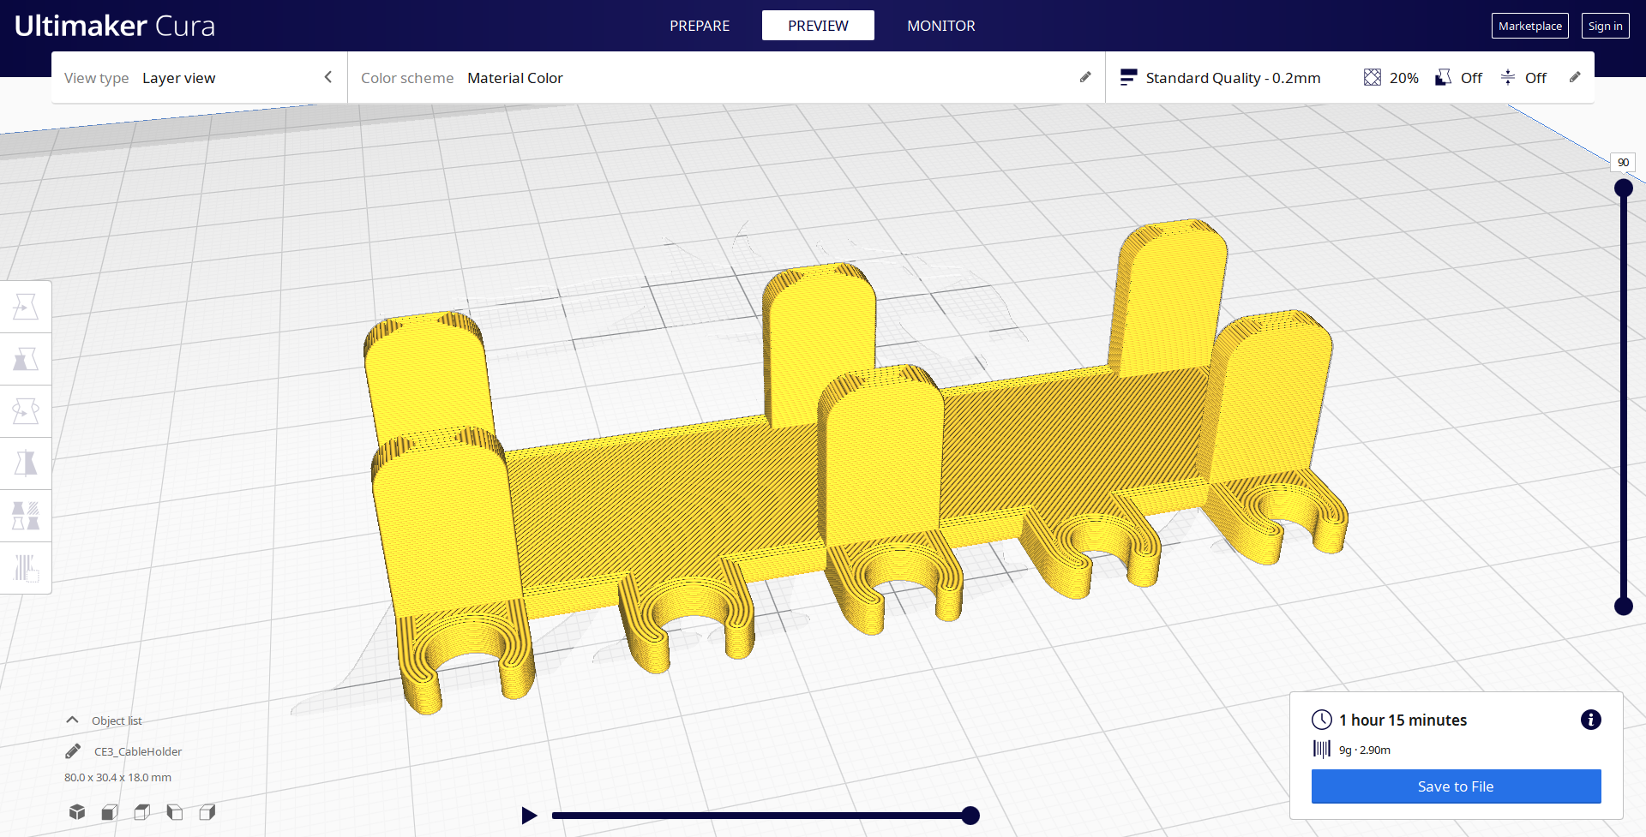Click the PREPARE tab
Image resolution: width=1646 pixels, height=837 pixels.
(700, 26)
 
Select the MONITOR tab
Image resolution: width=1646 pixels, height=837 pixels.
(940, 26)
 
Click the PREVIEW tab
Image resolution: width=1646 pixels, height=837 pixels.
(818, 26)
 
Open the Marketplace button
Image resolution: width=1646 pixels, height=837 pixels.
(1529, 26)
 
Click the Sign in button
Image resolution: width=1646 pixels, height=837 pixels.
(1605, 26)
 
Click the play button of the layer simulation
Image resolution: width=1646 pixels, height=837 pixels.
(529, 816)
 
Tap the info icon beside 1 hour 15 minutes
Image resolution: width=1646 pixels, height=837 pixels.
(1590, 720)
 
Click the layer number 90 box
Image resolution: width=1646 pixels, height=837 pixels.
(1622, 162)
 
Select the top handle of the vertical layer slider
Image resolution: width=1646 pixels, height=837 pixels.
(1623, 188)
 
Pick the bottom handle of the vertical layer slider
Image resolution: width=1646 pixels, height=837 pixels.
(1623, 606)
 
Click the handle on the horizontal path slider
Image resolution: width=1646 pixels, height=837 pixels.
(970, 816)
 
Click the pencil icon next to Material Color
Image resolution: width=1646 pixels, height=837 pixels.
(1085, 77)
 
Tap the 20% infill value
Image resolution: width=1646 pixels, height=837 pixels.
(1403, 78)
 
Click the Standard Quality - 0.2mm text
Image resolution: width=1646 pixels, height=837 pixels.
(1232, 78)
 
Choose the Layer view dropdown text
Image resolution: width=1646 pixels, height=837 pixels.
(178, 78)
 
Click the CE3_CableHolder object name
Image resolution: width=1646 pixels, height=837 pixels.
(138, 751)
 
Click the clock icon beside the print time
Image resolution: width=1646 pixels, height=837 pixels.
(1321, 720)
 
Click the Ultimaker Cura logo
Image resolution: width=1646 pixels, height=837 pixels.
(114, 26)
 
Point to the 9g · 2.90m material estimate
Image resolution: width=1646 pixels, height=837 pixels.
(1364, 750)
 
